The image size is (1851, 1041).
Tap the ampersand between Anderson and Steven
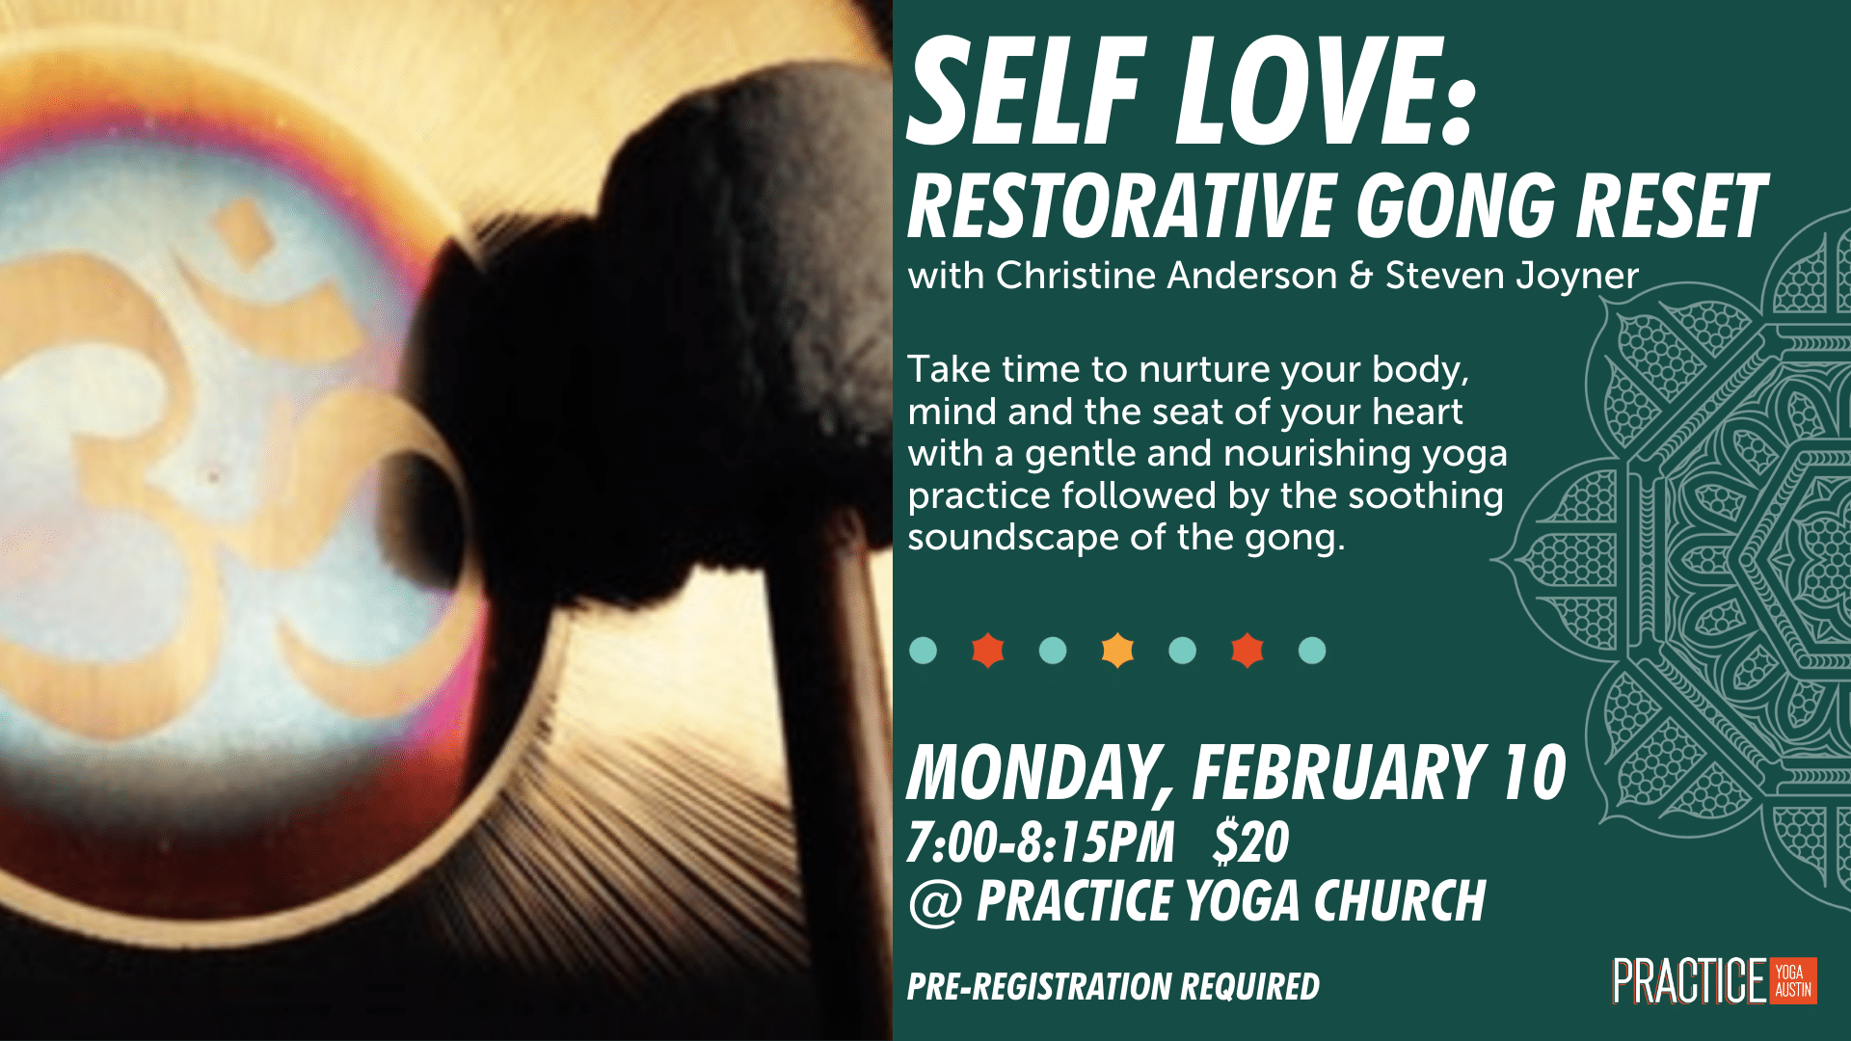1361,276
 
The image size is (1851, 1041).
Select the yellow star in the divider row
1117,651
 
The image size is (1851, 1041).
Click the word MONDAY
1037,774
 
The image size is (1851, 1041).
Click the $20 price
1251,841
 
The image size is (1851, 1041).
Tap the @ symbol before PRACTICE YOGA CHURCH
935,903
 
